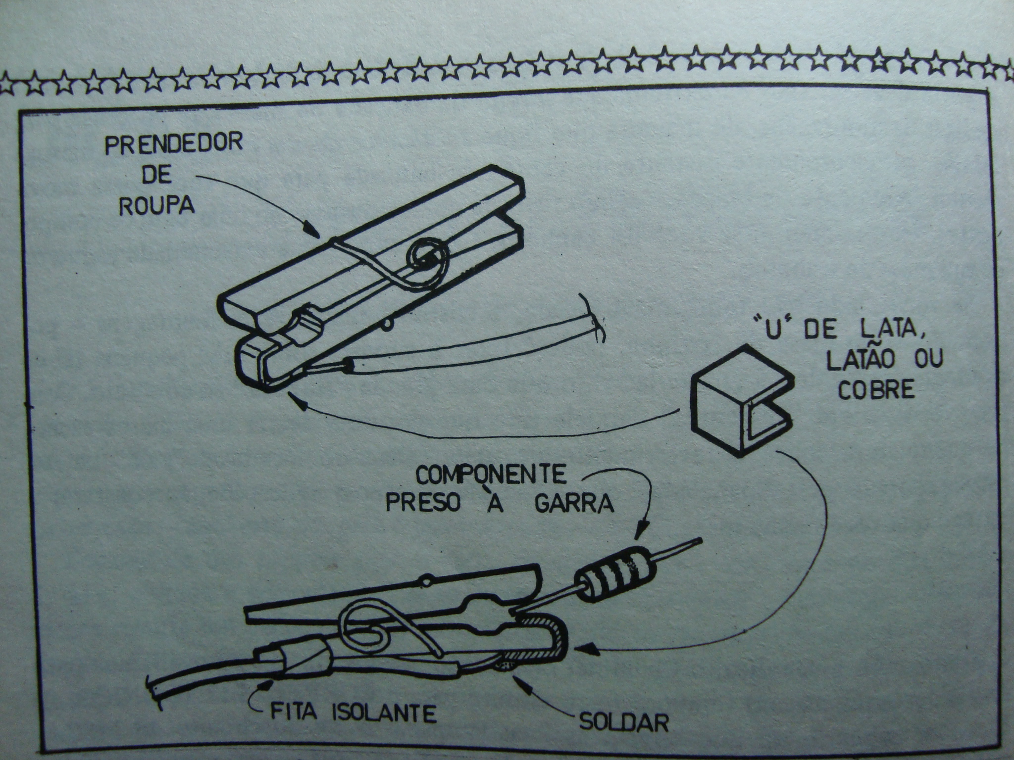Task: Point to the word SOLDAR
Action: coord(622,723)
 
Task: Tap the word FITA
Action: coord(295,713)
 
